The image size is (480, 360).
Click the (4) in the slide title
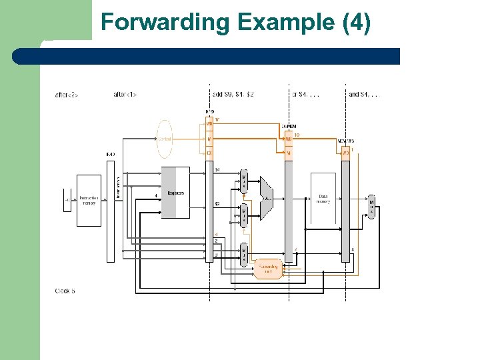click(x=356, y=22)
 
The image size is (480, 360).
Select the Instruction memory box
click(x=89, y=200)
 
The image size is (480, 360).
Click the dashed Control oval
click(x=164, y=139)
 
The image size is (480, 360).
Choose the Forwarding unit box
click(x=269, y=268)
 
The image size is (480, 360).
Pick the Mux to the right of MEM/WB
click(x=371, y=207)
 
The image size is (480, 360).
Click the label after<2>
click(x=67, y=95)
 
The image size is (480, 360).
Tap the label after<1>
click(x=125, y=95)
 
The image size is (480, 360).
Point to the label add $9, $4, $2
click(x=233, y=95)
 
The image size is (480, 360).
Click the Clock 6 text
click(x=65, y=291)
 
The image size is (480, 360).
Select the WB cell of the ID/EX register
click(x=209, y=124)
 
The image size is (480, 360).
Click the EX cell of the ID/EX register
click(x=209, y=153)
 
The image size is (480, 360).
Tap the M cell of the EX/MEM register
click(x=289, y=153)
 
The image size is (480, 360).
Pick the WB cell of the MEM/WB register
click(x=345, y=153)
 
